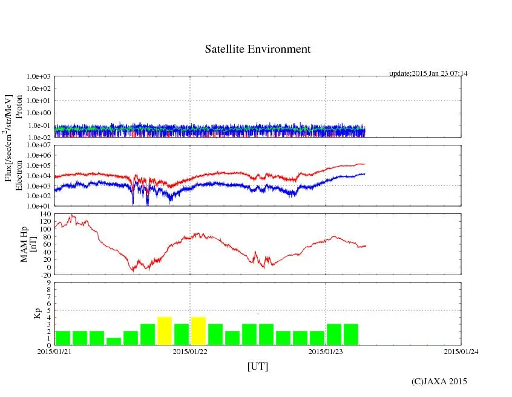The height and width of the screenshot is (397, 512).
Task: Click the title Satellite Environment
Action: tap(257, 49)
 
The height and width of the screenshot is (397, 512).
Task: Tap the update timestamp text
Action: tap(428, 73)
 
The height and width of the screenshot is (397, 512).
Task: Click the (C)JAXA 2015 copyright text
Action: tap(439, 381)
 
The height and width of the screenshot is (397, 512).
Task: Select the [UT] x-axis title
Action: tap(257, 367)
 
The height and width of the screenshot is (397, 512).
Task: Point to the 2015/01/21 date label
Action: tap(54, 351)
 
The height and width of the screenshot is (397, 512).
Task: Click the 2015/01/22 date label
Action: tap(190, 351)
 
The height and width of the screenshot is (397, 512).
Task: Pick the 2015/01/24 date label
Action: tap(461, 351)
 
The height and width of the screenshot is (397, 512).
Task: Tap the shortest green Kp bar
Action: tap(114, 341)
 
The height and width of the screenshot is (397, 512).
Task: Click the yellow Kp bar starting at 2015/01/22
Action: tap(199, 331)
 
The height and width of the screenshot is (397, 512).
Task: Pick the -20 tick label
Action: tap(45, 275)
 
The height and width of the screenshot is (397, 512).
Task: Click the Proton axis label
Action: tap(19, 107)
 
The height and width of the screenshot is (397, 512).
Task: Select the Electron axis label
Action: tap(19, 176)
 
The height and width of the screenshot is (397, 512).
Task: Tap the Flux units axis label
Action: tap(8, 138)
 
